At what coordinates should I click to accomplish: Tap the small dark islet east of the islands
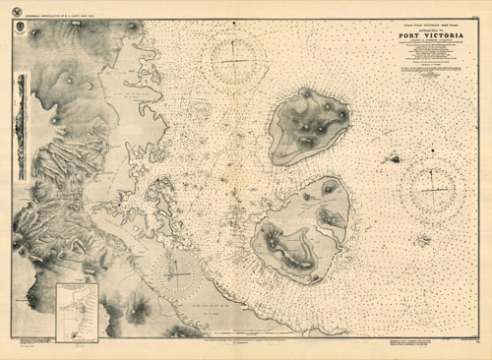click(394, 157)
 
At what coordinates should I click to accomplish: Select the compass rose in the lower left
click(174, 268)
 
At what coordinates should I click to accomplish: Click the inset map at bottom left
click(77, 312)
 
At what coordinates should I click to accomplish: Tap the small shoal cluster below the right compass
click(422, 239)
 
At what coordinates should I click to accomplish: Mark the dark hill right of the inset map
click(136, 311)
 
